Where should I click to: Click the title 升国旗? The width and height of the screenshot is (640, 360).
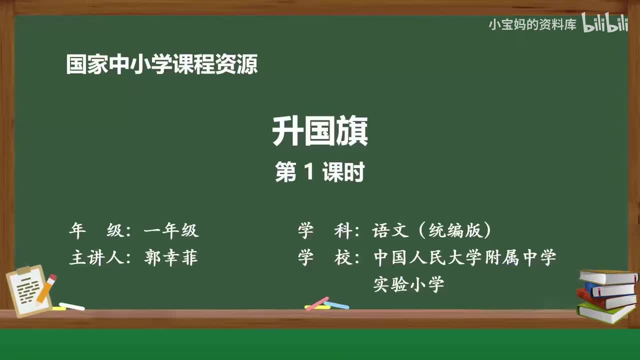(320, 132)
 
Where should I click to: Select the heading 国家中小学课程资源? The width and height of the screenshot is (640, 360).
(162, 65)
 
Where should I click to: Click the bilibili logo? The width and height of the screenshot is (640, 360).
(605, 24)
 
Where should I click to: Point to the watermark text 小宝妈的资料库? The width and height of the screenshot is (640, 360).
(532, 24)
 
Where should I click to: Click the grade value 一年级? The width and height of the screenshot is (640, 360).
(171, 230)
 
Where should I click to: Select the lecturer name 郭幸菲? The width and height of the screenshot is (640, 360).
(171, 258)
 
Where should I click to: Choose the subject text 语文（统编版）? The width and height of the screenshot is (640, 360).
(432, 230)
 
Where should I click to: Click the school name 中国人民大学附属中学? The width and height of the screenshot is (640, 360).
(465, 258)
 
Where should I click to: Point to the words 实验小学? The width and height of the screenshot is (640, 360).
(409, 285)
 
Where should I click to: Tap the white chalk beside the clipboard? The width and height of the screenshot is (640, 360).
(71, 306)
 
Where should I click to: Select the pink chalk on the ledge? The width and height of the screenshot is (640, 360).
(317, 303)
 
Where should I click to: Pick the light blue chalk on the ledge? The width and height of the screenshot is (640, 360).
(336, 304)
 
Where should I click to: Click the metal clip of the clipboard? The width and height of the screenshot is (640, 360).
(24, 270)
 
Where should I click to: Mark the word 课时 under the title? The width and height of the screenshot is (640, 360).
(343, 173)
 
